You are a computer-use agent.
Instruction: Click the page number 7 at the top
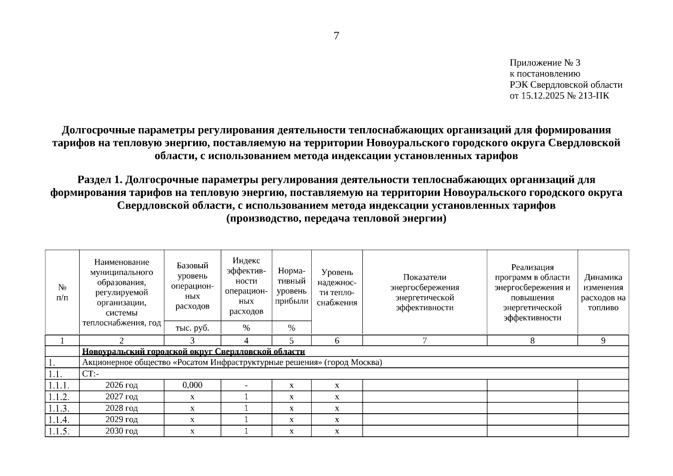tap(336, 36)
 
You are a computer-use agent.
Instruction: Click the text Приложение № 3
tap(545, 63)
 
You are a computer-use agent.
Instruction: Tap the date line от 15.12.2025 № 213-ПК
tap(559, 96)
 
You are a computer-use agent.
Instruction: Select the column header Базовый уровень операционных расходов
tap(192, 286)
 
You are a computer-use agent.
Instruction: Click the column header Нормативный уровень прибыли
tap(291, 286)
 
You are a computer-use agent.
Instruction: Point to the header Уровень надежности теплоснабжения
tap(337, 288)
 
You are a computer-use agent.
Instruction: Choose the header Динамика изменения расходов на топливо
tap(603, 292)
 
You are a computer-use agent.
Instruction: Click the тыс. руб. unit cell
tap(192, 328)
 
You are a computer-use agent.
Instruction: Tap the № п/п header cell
tap(62, 292)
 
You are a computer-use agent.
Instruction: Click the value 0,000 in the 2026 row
tap(192, 385)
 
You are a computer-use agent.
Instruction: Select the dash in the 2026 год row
tap(246, 385)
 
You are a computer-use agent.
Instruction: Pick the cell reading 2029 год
tap(121, 420)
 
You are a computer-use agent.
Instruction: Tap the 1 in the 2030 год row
tap(246, 431)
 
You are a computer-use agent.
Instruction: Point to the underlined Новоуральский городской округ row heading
tap(194, 351)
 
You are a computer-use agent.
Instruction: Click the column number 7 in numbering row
tap(424, 340)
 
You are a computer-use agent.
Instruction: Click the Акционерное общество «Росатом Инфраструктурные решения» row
tap(232, 363)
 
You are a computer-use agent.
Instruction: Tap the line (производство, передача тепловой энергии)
tap(336, 219)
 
